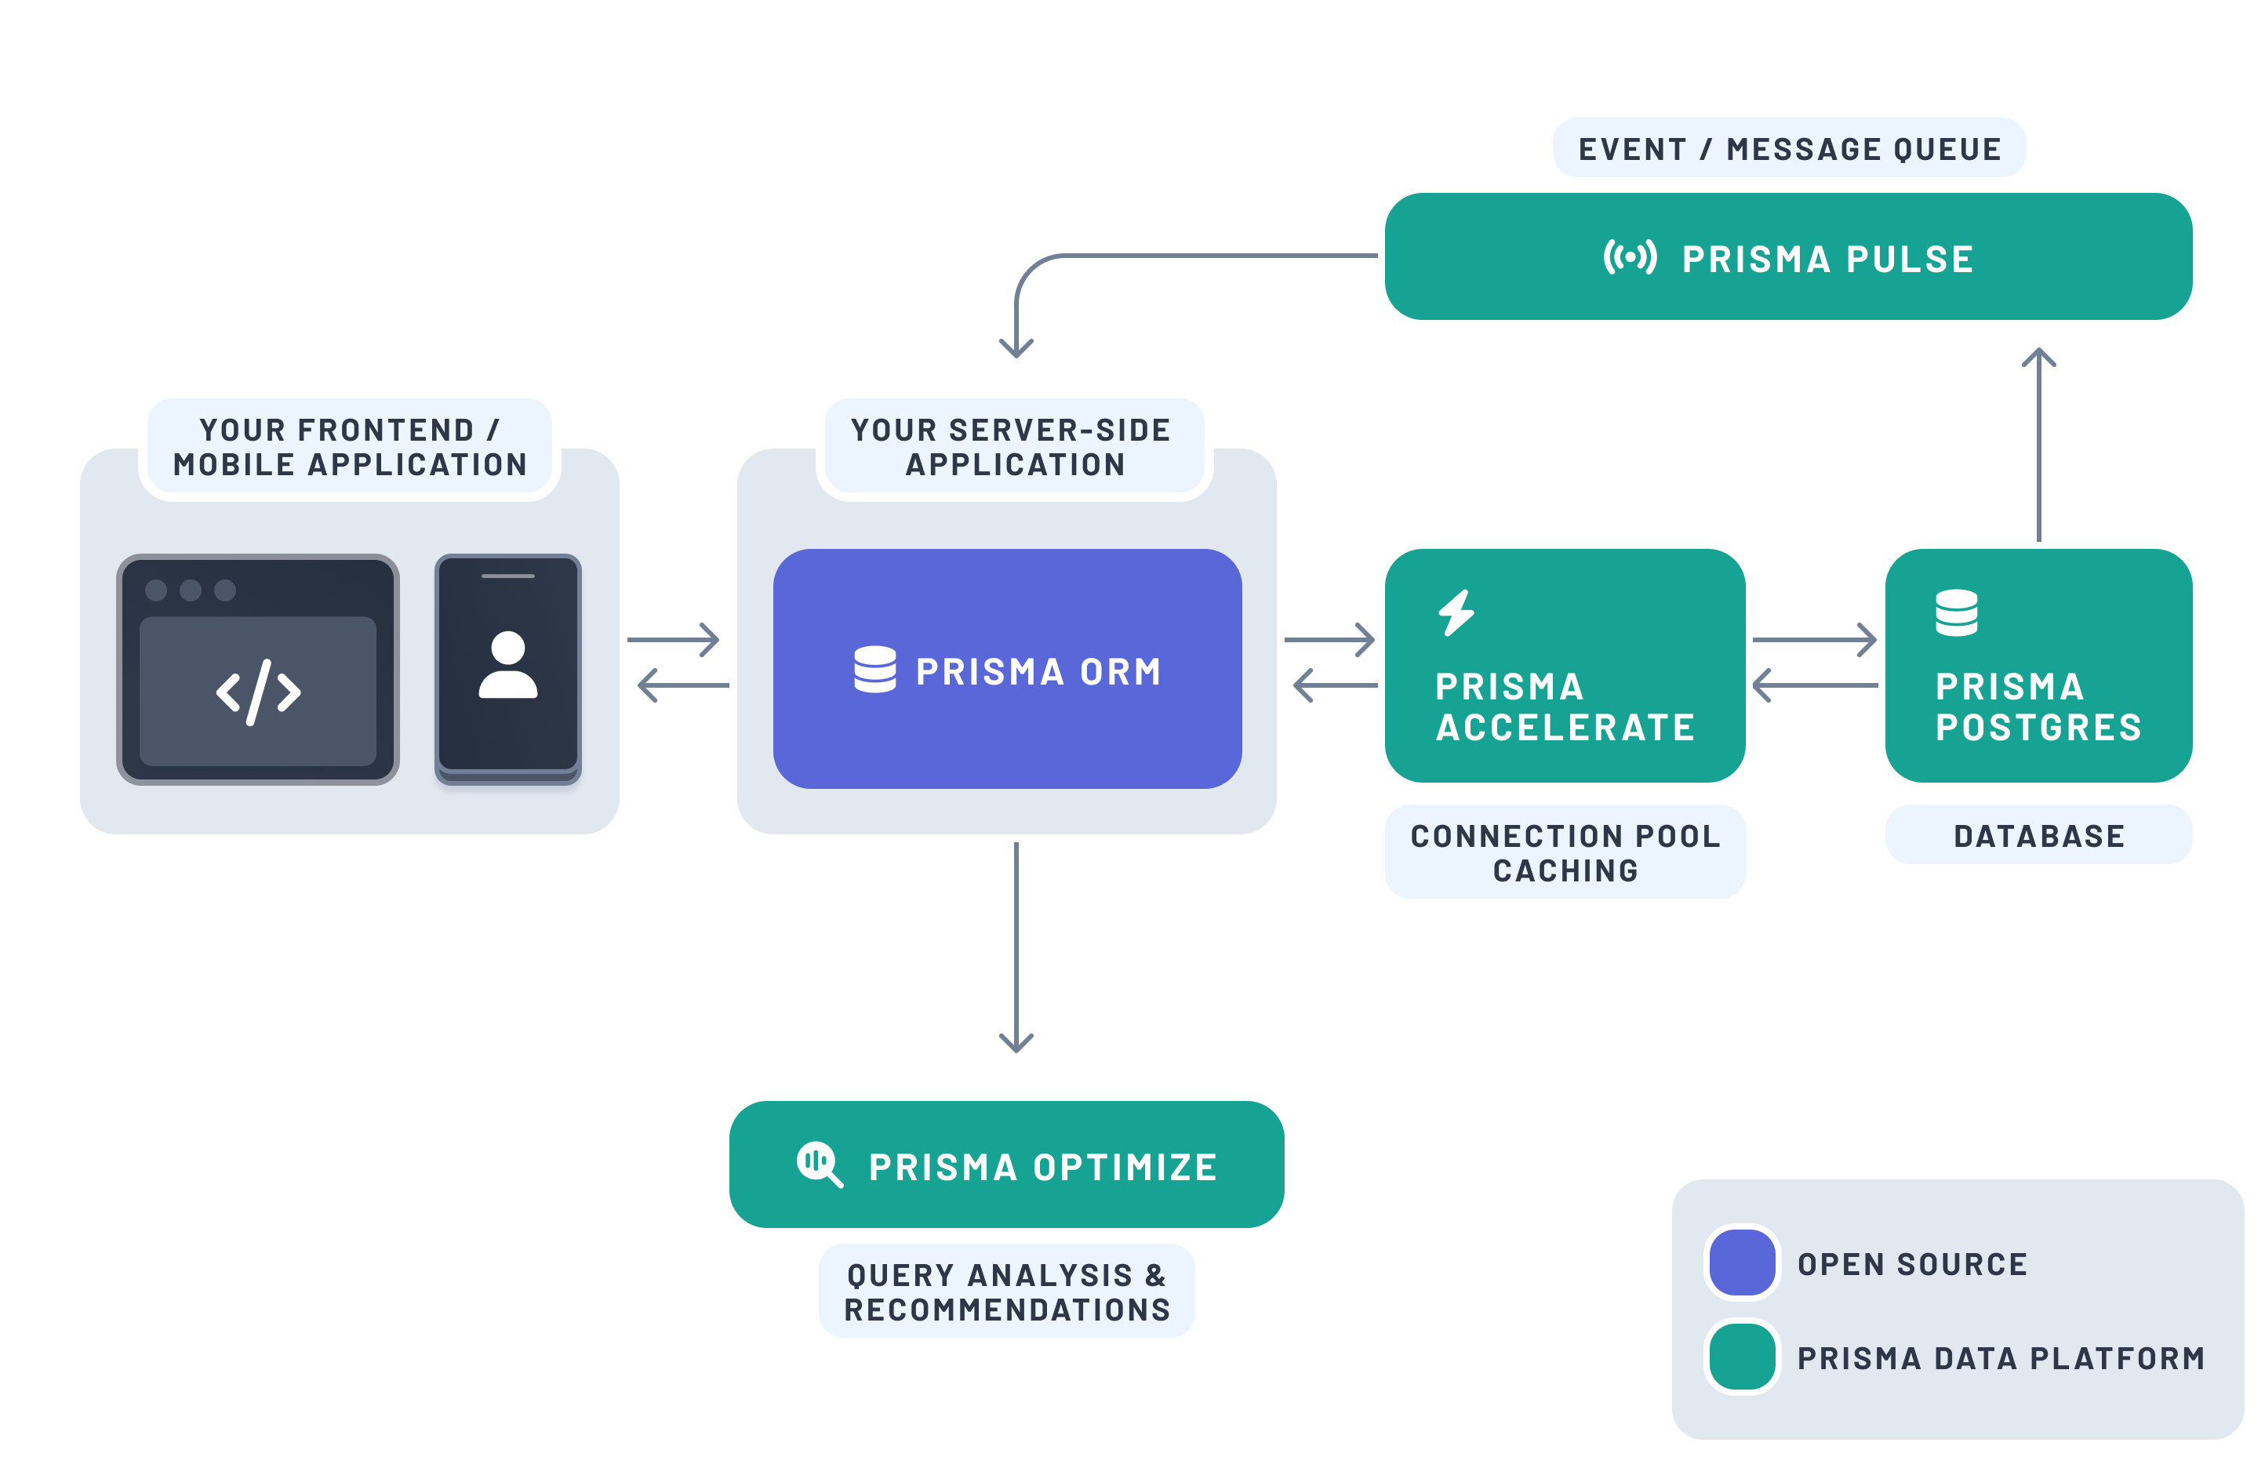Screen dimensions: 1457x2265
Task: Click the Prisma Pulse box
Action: pos(1787,256)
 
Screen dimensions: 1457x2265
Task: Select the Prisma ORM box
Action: pos(1007,669)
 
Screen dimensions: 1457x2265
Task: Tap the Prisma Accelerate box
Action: pos(1564,665)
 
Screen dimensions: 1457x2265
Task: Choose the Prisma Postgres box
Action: pos(2038,665)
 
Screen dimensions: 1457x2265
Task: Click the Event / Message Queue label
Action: pos(1788,148)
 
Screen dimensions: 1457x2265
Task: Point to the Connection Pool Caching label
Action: pos(1564,852)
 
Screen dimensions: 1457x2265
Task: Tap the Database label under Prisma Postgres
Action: pos(2038,834)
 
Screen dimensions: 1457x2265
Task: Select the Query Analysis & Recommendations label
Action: pos(1007,1291)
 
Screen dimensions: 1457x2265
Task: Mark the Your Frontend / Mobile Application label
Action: pos(349,446)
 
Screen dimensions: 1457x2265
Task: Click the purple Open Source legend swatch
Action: pos(1741,1262)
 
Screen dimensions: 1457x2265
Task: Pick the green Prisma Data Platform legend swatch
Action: pos(1741,1357)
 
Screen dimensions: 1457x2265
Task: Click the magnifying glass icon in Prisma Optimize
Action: pos(818,1163)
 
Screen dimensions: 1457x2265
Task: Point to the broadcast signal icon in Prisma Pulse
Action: pos(1629,256)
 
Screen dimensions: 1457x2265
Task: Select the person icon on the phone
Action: pos(508,664)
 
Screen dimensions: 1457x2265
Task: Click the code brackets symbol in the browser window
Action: pos(258,692)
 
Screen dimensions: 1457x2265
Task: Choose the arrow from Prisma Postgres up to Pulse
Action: pos(2038,445)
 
